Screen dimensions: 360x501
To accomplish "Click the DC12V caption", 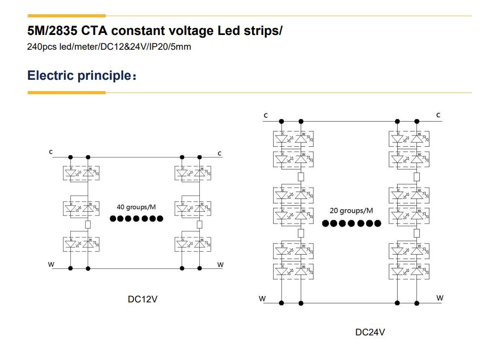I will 143,299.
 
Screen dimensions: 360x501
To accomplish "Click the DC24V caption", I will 370,332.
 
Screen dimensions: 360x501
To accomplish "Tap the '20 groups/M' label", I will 351,211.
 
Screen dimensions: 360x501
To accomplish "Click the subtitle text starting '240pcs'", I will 109,47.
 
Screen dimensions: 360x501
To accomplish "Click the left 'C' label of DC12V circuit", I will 51,152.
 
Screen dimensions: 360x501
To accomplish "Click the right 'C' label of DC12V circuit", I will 219,154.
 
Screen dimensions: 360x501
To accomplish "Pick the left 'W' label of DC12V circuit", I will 51,264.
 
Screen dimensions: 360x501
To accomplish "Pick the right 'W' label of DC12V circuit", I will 220,265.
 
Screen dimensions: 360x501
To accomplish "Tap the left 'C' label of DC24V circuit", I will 266,116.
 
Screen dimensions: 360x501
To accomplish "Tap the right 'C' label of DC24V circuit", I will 438,115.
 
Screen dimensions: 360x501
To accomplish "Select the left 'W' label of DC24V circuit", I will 262,298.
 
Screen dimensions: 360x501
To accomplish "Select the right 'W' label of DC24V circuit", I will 440,298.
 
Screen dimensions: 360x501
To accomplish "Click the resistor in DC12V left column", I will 88,225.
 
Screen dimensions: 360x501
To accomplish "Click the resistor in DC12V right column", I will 199,225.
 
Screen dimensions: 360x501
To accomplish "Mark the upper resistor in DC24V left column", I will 301,177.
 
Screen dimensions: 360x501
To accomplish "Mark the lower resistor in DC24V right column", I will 417,232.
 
